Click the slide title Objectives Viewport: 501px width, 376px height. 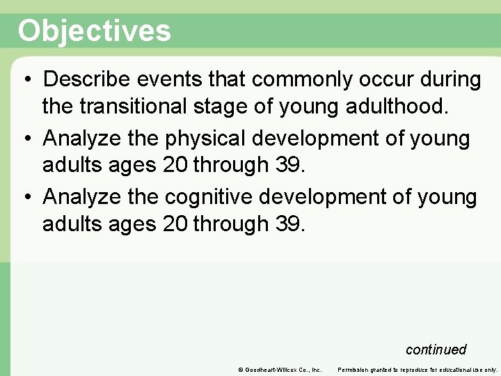click(x=94, y=31)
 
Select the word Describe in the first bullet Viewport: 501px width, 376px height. click(x=88, y=80)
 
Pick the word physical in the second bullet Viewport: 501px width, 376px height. click(x=207, y=139)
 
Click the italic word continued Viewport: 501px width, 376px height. click(x=436, y=350)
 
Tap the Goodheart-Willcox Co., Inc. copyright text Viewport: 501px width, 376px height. click(x=279, y=369)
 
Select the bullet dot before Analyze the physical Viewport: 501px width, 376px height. click(x=25, y=139)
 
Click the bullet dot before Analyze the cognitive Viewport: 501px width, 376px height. click(x=25, y=198)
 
